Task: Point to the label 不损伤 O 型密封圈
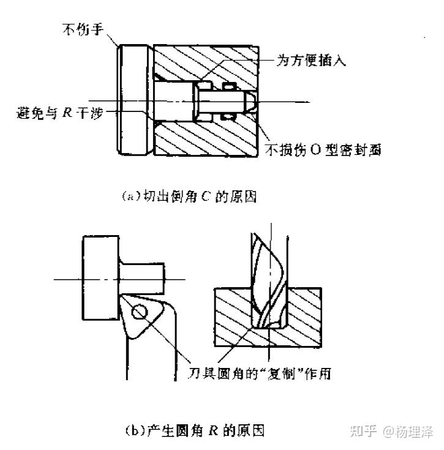[323, 149]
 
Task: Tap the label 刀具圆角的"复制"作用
[259, 372]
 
